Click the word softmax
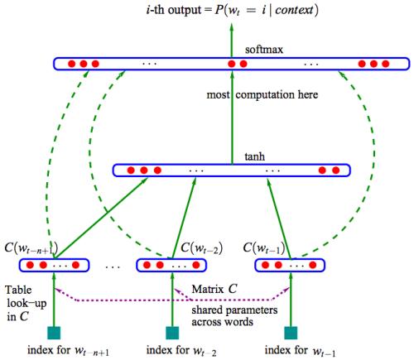pos(264,50)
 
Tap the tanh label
pos(255,156)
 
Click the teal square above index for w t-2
pos(172,333)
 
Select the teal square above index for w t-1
pos(291,333)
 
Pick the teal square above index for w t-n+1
pos(54,333)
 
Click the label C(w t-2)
pos(201,248)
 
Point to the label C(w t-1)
pos(264,248)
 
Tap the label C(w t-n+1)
pos(31,248)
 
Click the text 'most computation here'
pos(262,95)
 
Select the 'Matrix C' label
pos(214,289)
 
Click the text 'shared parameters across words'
pos(234,316)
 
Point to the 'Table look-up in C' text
pos(26,303)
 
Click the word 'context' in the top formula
pos(295,11)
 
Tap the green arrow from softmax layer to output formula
pos(232,41)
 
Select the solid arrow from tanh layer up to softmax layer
pos(232,118)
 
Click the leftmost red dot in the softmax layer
pos(71,64)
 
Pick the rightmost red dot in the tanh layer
pos(335,170)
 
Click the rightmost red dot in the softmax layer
pos(385,64)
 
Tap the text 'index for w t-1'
pos(300,351)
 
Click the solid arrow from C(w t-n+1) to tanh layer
pos(101,218)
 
